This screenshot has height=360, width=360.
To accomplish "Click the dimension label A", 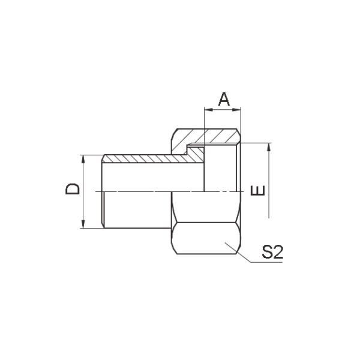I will (223, 98).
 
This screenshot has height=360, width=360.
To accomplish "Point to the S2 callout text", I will (272, 253).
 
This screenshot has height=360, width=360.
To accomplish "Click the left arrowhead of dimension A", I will (208, 109).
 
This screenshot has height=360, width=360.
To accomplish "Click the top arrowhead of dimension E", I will (269, 146).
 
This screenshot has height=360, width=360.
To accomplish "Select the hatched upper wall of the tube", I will (144, 159).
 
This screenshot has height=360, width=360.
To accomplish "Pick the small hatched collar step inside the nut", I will (195, 153).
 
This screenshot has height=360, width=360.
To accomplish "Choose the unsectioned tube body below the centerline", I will (138, 210).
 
